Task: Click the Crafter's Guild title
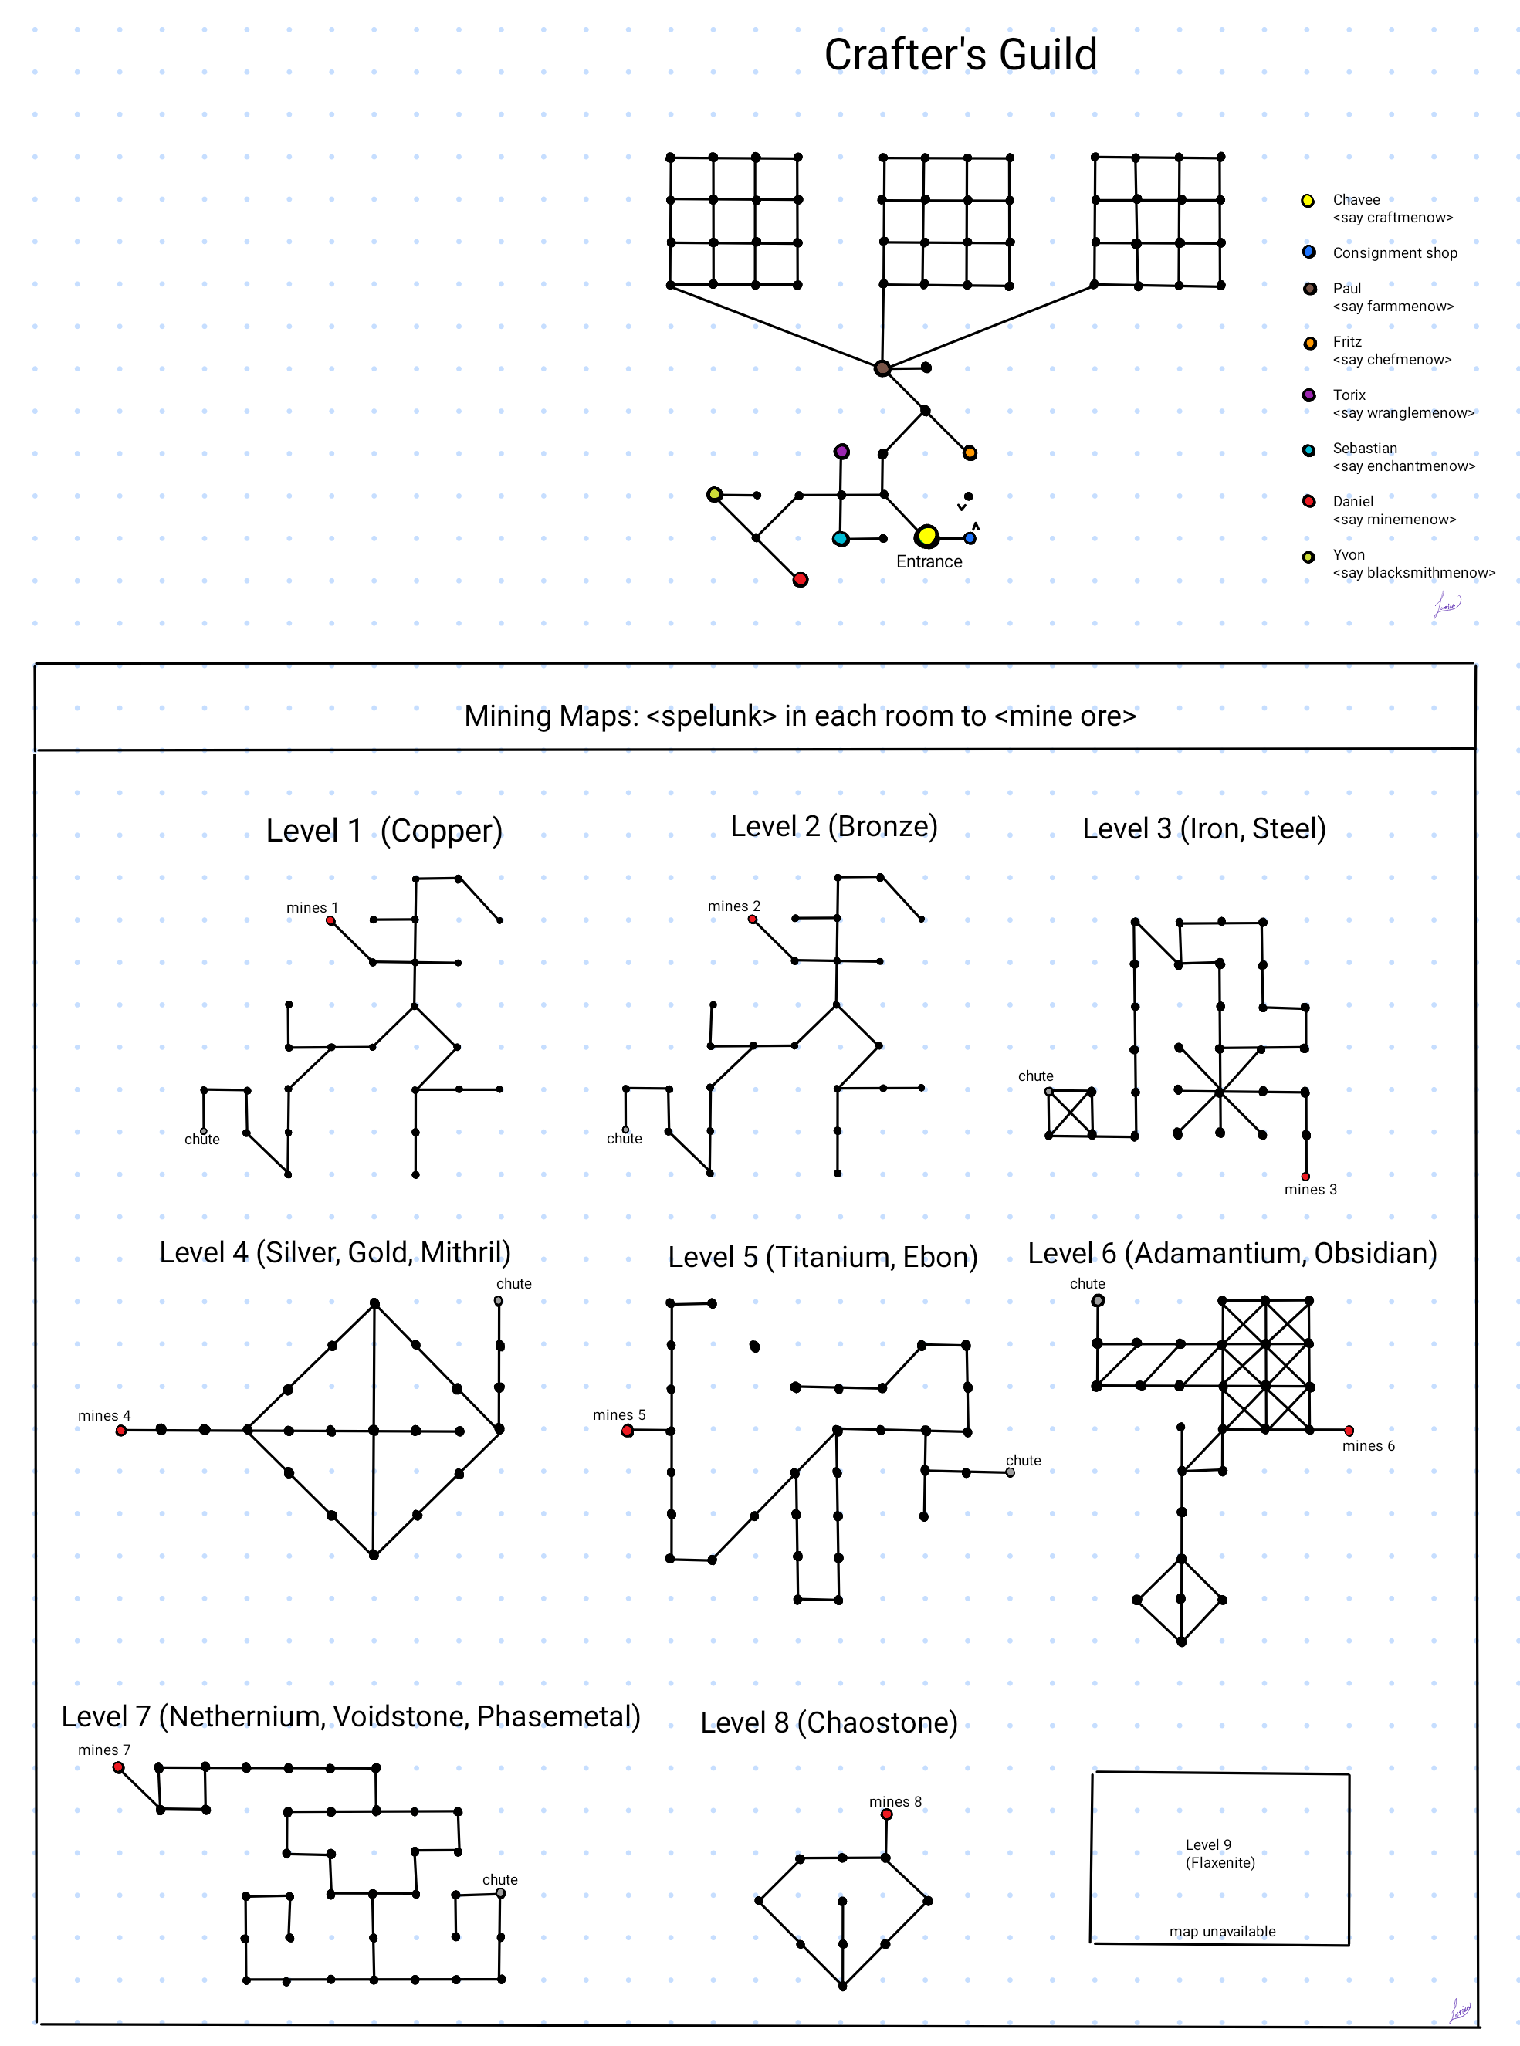pos(960,55)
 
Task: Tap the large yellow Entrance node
pos(926,535)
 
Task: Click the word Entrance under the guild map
pos(929,562)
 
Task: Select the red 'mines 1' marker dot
pos(330,921)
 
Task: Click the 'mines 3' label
pos(1310,1190)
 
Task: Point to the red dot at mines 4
pos(120,1431)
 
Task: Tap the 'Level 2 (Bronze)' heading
pos(834,826)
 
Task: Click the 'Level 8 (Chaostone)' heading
pos(828,1723)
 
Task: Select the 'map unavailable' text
pos(1222,1931)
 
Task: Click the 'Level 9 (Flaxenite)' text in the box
pos(1219,1854)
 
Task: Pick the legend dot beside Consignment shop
pos(1308,252)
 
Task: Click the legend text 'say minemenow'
pos(1394,520)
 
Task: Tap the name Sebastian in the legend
pos(1365,448)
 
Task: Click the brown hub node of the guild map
pos(882,368)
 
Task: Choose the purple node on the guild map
pos(841,452)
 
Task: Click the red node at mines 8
pos(886,1814)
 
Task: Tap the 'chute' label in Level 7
pos(499,1879)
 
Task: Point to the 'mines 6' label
pos(1368,1446)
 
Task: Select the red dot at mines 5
pos(628,1431)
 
